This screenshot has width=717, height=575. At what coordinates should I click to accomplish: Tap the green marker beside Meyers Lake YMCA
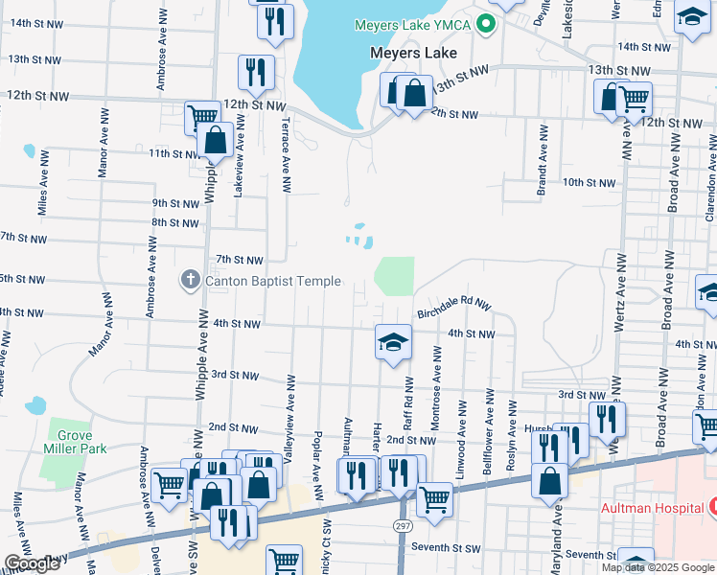tap(486, 24)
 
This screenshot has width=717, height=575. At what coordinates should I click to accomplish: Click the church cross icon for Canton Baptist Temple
tap(190, 280)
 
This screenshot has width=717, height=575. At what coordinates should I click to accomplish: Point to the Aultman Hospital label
tap(651, 506)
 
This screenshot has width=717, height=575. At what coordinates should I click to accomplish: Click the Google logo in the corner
tap(32, 564)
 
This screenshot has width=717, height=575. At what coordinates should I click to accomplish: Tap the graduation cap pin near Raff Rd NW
tap(392, 342)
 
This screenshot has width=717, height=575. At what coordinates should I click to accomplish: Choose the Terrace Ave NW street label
tap(286, 153)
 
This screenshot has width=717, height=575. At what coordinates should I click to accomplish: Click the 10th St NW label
tap(588, 182)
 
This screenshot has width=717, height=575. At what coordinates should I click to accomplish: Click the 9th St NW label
tap(174, 203)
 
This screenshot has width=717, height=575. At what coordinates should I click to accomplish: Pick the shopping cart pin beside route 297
tap(435, 499)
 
